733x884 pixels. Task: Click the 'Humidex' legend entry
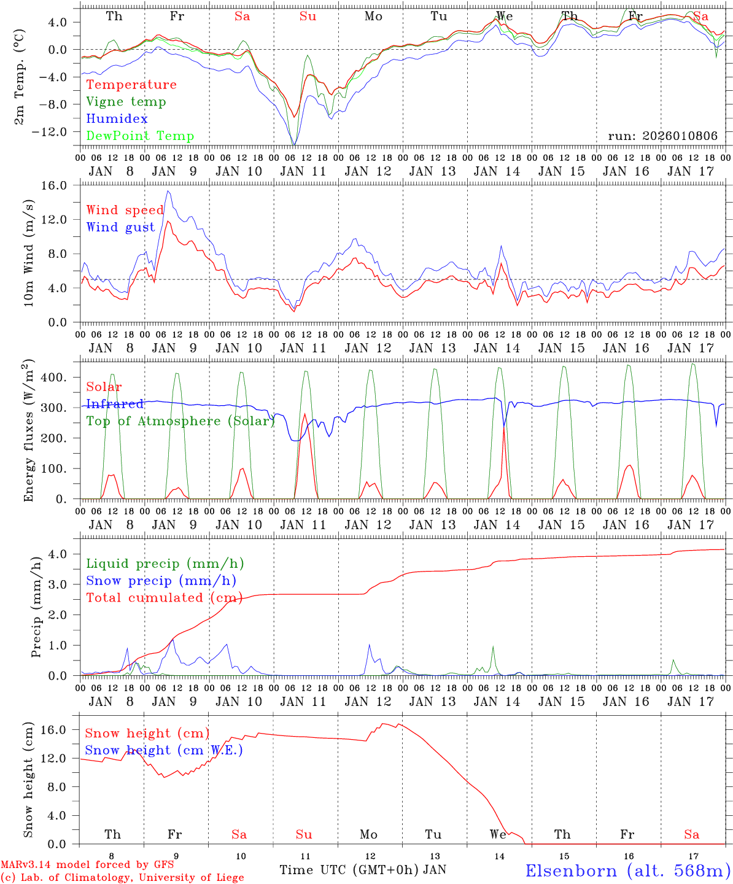117,119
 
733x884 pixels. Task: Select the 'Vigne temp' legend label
126,102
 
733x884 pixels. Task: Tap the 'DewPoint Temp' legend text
140,136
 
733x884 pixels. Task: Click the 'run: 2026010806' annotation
662,136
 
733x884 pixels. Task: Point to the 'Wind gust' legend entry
120,227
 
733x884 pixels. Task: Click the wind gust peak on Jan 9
168,191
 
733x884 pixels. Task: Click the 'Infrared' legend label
115,404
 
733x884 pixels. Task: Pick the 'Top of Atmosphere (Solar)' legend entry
180,421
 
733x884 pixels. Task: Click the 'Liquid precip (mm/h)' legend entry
165,564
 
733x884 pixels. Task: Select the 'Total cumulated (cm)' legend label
164,598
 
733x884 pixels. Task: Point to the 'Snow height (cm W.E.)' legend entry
164,750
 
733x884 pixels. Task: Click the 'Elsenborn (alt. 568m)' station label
627,870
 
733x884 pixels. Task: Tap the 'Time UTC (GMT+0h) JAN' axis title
362,870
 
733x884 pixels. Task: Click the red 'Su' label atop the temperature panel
308,17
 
